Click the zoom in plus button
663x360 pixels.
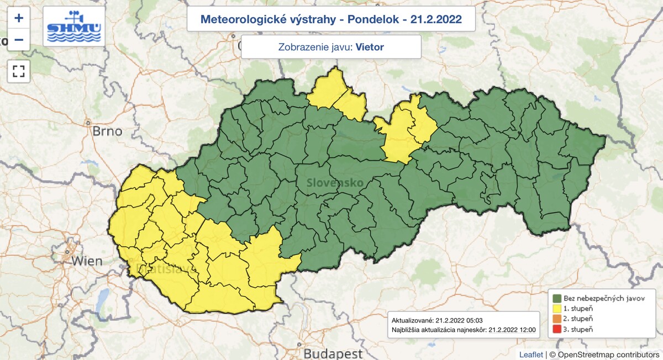(x=19, y=18)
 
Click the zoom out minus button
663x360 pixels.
(x=19, y=40)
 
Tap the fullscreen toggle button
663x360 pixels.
(x=19, y=71)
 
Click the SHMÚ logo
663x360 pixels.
(x=73, y=27)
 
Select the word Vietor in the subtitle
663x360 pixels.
(x=370, y=47)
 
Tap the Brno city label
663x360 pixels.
(x=107, y=131)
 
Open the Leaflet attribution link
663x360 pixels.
(x=531, y=354)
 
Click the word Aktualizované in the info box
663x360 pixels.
(x=412, y=320)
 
